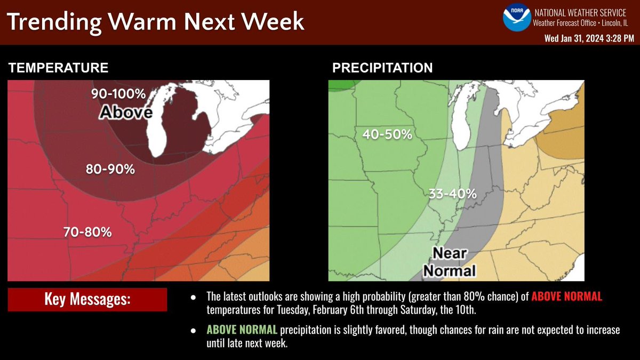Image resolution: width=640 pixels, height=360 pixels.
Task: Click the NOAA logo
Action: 516,17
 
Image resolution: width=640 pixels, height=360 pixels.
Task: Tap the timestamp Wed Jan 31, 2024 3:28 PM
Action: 589,38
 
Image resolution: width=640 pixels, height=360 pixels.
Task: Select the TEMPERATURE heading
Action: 59,68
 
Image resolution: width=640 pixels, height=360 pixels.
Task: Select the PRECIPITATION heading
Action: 382,68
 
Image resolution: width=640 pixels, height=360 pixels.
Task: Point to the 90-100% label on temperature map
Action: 118,94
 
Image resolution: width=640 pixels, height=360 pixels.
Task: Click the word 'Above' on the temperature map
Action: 126,112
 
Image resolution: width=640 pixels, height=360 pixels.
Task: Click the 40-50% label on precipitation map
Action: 387,134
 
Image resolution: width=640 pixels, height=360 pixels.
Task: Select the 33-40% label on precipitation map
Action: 452,194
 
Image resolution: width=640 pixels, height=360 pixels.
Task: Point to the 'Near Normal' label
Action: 449,261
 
